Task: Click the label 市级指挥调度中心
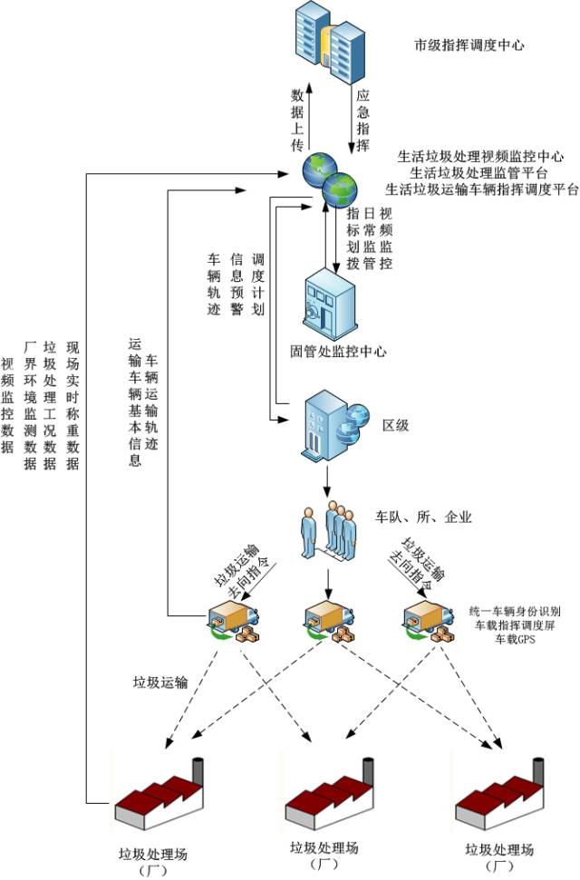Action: tap(469, 44)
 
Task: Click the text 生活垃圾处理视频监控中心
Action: tap(481, 156)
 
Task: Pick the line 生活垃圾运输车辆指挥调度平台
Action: tap(481, 189)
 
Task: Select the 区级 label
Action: tap(396, 425)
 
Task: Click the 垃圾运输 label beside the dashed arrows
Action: tap(160, 682)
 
